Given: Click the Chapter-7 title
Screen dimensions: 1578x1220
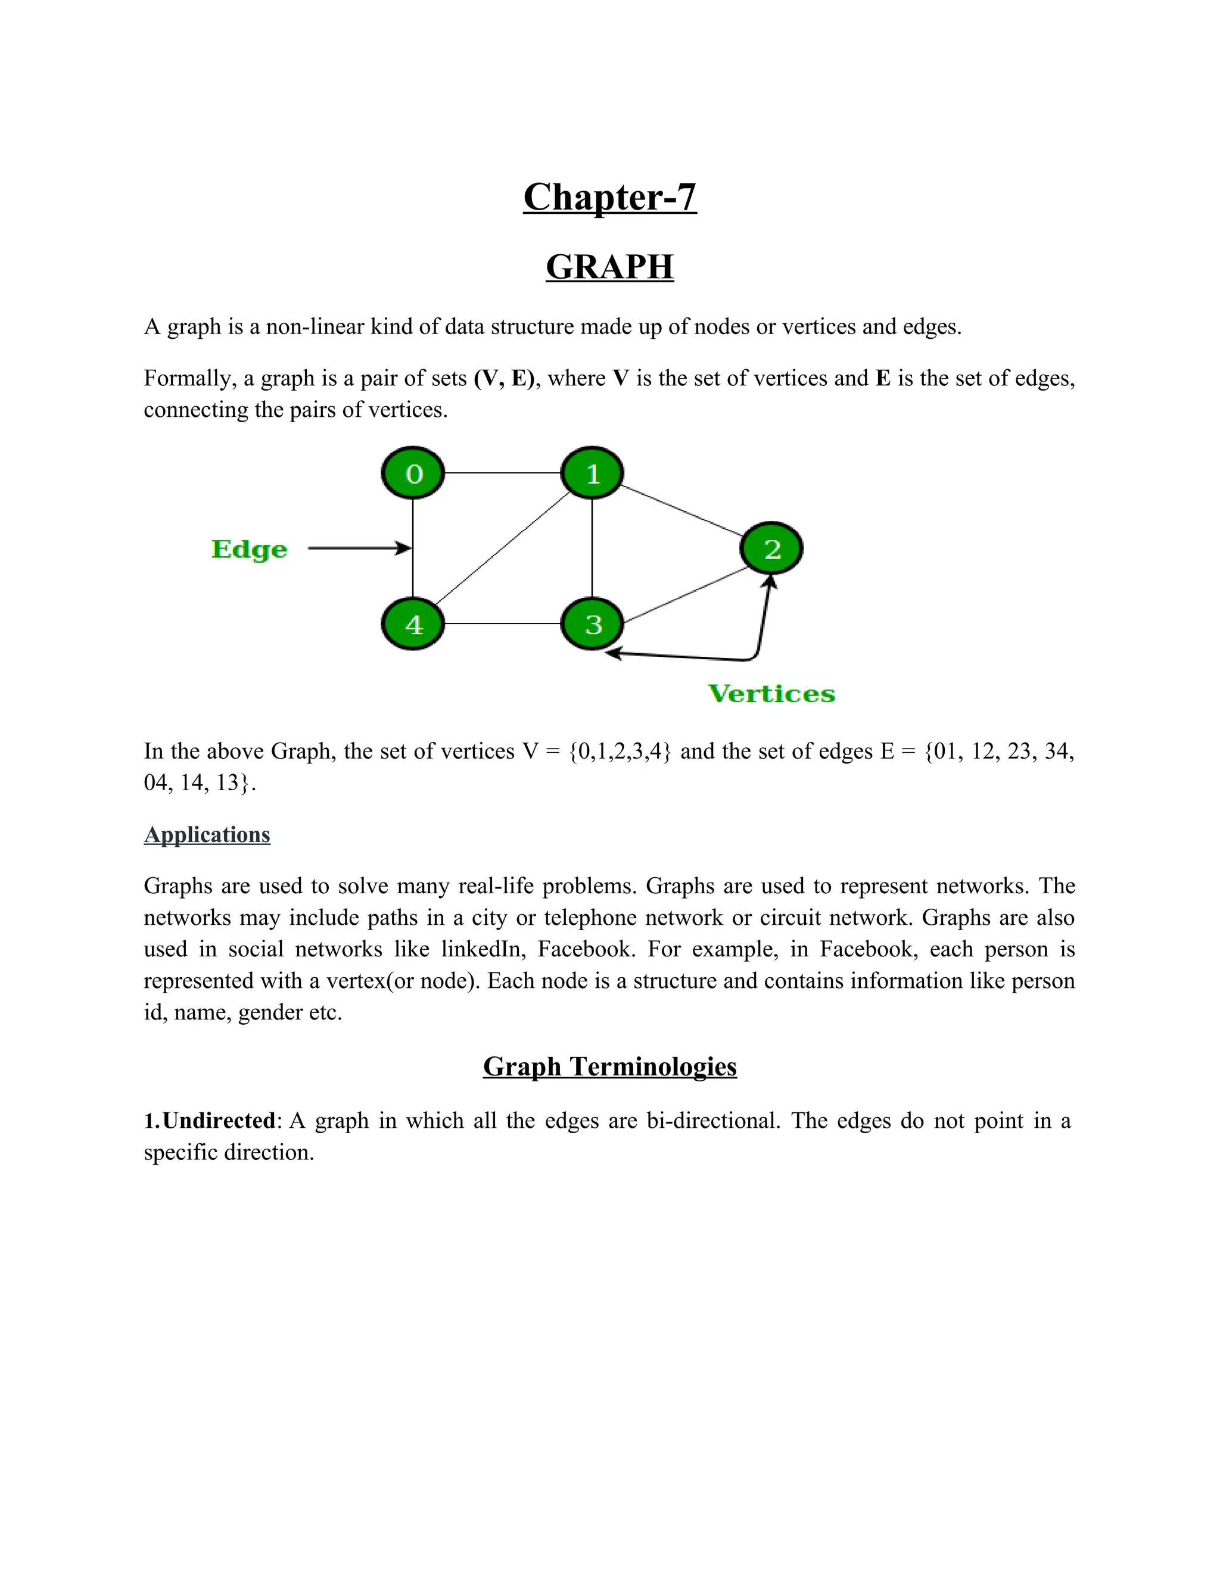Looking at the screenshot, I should click(609, 197).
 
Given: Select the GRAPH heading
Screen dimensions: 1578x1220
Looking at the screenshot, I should click(609, 267).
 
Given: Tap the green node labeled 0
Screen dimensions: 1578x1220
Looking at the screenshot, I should click(413, 473).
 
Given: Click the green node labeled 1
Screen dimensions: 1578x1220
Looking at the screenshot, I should click(592, 473).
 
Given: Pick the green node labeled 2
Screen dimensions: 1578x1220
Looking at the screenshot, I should click(771, 548).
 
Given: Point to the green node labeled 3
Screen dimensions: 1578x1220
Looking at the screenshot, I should click(592, 623).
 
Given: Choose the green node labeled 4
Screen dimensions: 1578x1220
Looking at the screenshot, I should click(413, 623).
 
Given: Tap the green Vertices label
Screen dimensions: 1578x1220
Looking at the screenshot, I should click(771, 694).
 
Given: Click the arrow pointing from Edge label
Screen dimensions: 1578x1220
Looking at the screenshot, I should click(358, 548).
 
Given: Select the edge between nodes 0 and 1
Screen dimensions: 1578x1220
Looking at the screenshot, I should click(502, 473).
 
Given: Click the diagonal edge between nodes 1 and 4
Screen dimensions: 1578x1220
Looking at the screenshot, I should click(502, 548).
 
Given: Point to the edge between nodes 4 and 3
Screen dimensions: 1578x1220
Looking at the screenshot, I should click(502, 623).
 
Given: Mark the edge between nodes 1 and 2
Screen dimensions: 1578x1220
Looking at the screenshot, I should click(681, 511).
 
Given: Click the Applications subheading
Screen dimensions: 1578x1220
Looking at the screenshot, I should click(207, 834).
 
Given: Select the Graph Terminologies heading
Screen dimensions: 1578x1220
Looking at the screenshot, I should click(609, 1066).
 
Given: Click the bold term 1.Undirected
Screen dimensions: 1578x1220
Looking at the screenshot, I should click(210, 1121).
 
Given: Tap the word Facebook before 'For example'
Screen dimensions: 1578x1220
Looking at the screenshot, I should click(586, 949).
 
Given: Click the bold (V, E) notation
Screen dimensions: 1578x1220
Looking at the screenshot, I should click(505, 378).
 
